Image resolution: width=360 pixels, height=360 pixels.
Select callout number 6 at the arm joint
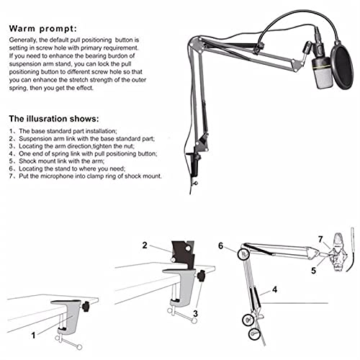pos(221,246)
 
